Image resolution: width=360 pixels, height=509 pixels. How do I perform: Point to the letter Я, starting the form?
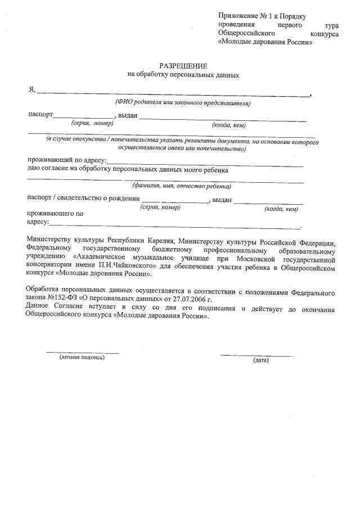tap(31, 90)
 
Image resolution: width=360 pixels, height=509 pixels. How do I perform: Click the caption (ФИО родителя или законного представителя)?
tap(182, 102)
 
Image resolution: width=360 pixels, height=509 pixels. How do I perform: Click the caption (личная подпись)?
tap(82, 357)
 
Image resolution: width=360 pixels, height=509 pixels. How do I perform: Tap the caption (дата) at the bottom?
tap(261, 360)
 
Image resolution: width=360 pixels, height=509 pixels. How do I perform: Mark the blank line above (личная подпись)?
tap(82, 353)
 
